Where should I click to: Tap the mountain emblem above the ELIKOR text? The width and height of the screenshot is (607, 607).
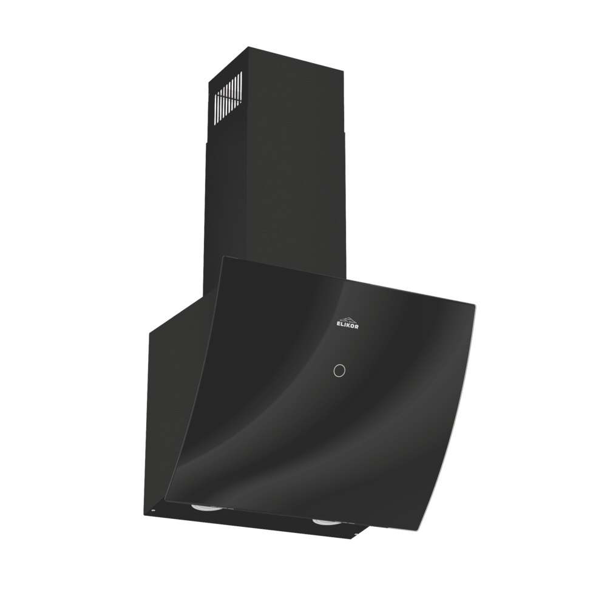(347, 319)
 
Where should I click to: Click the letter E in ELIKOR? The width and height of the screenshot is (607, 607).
(337, 326)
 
